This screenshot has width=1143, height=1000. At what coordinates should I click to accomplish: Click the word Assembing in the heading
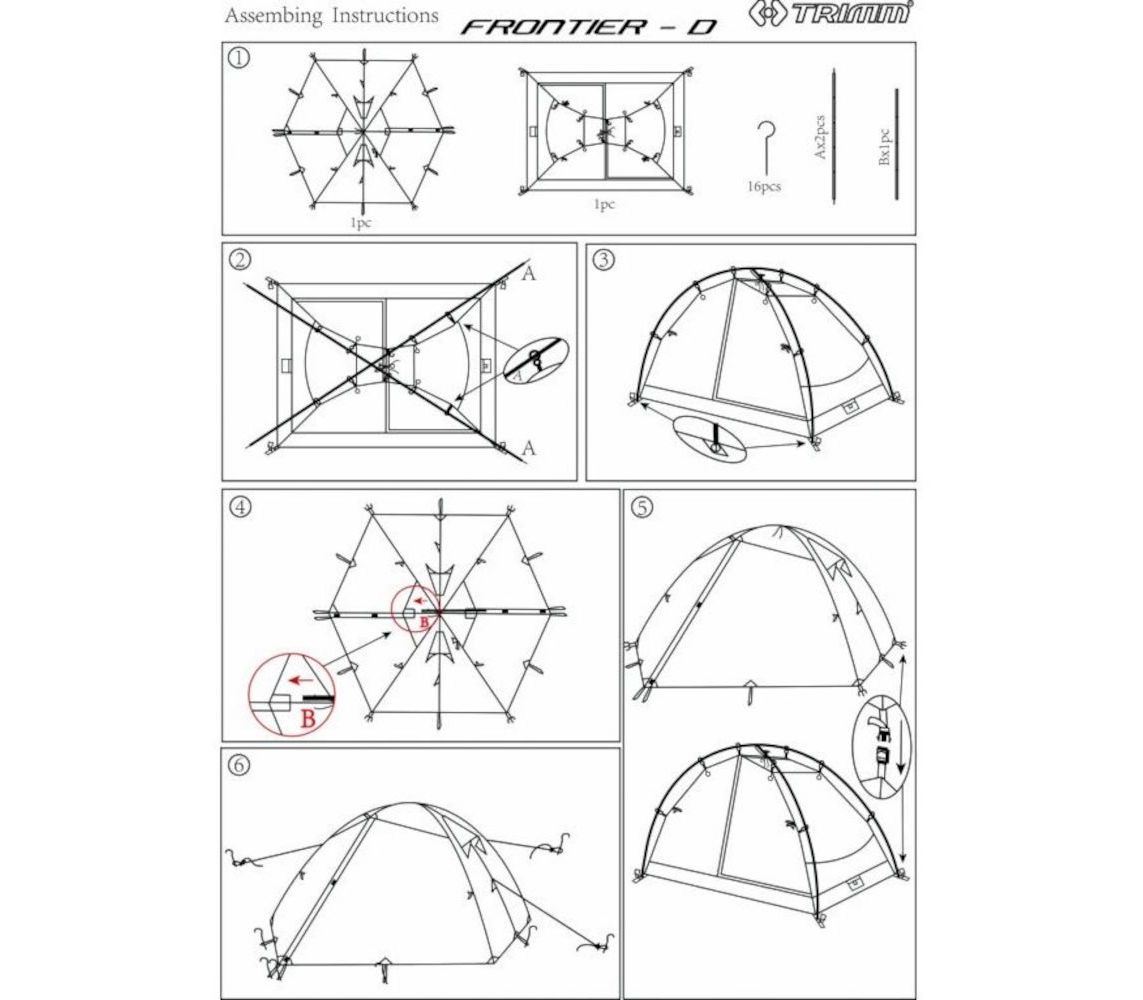pos(273,16)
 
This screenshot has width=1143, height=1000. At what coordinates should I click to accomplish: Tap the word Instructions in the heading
pos(385,15)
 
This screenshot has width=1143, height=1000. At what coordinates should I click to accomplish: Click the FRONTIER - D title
pos(589,28)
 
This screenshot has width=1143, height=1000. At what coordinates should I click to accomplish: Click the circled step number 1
pos(239,58)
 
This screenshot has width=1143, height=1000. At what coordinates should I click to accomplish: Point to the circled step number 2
pos(239,259)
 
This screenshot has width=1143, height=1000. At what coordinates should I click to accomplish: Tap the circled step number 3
pos(604,259)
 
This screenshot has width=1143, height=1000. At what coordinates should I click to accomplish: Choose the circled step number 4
pos(240,506)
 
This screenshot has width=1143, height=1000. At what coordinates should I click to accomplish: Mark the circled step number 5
pos(641,507)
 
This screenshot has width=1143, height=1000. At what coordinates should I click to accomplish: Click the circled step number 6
pos(239,765)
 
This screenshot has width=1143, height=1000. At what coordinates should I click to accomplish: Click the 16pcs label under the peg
pos(763,187)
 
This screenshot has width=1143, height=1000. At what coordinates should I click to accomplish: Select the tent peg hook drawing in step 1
pos(766,148)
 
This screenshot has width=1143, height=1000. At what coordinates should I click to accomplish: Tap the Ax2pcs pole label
pos(820,137)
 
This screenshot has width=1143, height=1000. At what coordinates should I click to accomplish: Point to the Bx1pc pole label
pos(884,147)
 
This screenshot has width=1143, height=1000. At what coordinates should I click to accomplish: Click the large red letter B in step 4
pos(308,719)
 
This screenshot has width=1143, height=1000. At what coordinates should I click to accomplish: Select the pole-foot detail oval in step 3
pos(711,439)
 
